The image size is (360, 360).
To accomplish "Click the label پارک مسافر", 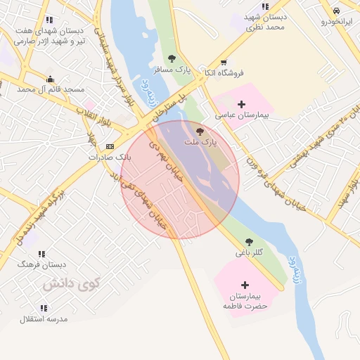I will pyautogui.click(x=172, y=68).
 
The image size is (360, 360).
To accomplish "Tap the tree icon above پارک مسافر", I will pyautogui.click(x=172, y=58).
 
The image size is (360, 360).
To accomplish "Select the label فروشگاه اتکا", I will pyautogui.click(x=224, y=72).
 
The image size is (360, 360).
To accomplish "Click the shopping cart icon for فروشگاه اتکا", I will pyautogui.click(x=224, y=63).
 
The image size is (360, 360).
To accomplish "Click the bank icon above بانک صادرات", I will pyautogui.click(x=109, y=146).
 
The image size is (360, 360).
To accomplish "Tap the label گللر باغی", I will pyautogui.click(x=249, y=252).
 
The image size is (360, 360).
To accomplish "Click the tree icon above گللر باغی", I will pyautogui.click(x=249, y=242).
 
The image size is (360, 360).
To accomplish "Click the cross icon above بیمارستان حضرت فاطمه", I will pyautogui.click(x=245, y=285).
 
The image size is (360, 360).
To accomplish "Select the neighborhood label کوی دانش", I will pyautogui.click(x=72, y=283).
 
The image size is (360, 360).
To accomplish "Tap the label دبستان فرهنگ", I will pyautogui.click(x=41, y=264).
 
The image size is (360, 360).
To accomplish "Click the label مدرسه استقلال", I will pyautogui.click(x=44, y=319).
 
